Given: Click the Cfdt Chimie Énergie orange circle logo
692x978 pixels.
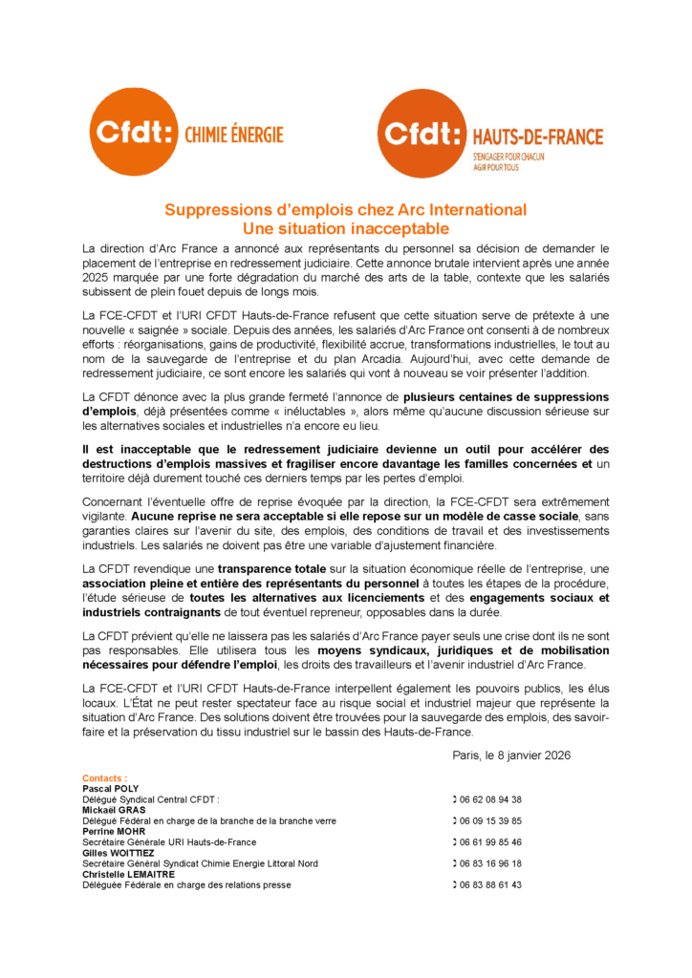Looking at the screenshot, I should [133, 132].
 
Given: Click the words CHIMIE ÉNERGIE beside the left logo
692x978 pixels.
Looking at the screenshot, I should [233, 136].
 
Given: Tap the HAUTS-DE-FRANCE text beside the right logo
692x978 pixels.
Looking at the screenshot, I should [538, 138].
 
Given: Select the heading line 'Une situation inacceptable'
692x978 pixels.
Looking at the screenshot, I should [345, 229].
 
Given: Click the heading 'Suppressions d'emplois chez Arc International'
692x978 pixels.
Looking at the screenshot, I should [345, 210].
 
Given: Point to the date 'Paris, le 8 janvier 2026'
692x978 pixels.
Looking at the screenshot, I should [511, 755].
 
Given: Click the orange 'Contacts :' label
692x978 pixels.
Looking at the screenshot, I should [105, 778].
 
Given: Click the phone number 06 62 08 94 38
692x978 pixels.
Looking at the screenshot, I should [491, 799].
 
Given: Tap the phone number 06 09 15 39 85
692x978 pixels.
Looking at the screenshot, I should [491, 820].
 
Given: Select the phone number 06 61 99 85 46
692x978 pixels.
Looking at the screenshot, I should [491, 842].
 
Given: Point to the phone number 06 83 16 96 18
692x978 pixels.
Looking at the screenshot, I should [491, 863].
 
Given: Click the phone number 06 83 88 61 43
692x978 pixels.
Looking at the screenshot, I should [491, 884].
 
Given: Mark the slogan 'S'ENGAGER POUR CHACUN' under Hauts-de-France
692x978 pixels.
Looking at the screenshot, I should [508, 156].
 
